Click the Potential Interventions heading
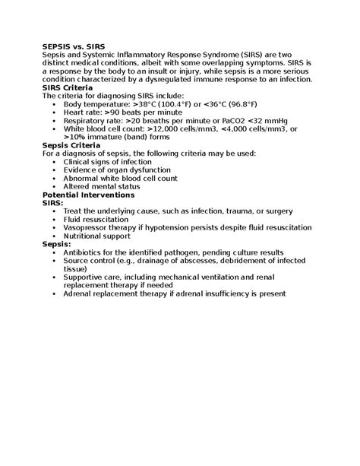(x=88, y=195)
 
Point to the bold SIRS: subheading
(x=53, y=203)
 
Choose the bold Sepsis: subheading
(x=58, y=244)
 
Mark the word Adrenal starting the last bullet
(x=81, y=293)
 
